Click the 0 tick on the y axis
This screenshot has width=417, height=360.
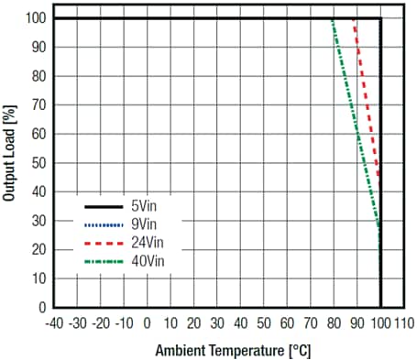[42, 307]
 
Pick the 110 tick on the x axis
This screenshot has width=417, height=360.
[403, 323]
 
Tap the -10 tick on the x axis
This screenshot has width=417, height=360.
[124, 323]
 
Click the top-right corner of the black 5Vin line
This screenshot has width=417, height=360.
[380, 18]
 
